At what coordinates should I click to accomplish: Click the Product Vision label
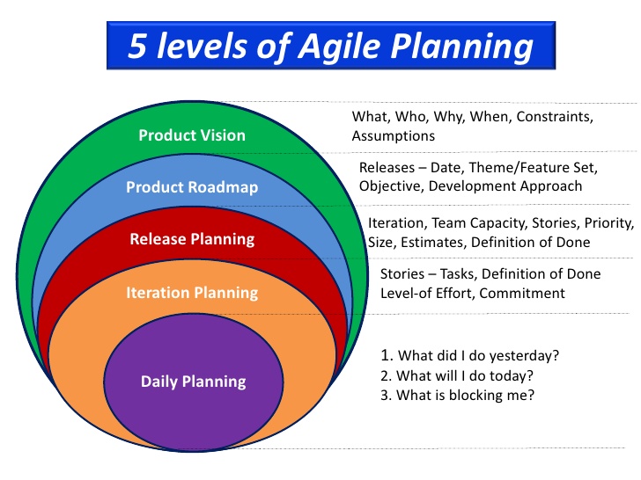(192, 135)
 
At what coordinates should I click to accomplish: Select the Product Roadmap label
(191, 187)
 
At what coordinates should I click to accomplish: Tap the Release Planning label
(192, 238)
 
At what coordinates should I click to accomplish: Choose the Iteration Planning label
(192, 292)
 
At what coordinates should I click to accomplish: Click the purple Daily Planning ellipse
(194, 380)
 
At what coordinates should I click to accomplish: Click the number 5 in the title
(137, 46)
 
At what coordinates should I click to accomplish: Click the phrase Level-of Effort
(425, 294)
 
